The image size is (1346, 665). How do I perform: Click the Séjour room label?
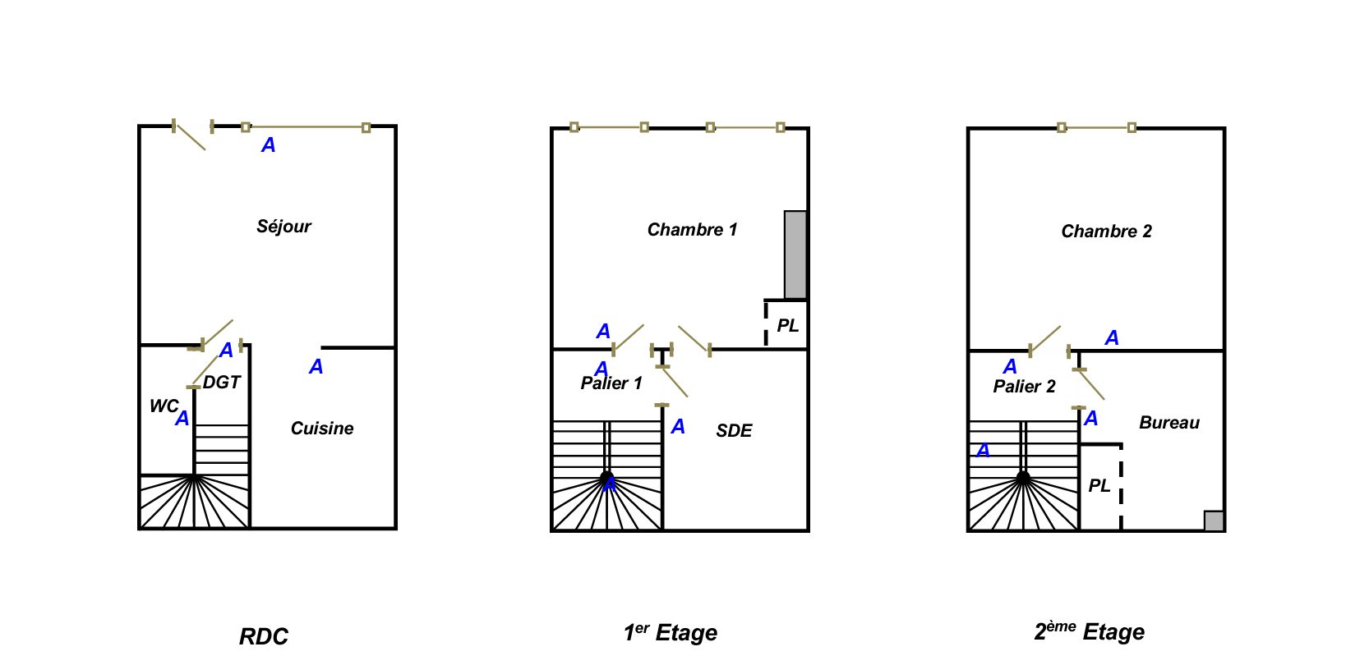pos(283,227)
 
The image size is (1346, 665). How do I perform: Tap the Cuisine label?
pos(322,429)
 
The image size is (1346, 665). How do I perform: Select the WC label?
pos(163,406)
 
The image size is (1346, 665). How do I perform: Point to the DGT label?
pos(222,383)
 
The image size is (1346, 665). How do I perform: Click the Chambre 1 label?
pos(692,230)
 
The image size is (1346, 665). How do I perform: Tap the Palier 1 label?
pos(611,383)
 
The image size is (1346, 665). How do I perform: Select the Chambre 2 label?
pos(1106,232)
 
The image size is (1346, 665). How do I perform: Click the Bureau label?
pos(1169,423)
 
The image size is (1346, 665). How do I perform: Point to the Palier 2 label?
pos(1024,387)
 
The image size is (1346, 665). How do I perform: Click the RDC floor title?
pos(263,637)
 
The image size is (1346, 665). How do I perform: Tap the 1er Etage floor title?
pos(670,633)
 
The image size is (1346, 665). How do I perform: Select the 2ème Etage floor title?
pos(1089,632)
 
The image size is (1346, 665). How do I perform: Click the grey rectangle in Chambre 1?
pos(795,255)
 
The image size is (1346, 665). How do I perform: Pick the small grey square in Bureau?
pos(1214,521)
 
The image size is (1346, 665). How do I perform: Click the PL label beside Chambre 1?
pos(787,326)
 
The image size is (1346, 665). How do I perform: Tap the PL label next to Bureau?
pos(1099,486)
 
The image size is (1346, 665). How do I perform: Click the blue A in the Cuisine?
pos(316,367)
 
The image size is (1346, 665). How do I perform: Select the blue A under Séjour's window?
pos(268,145)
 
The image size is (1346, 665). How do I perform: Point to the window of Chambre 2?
pos(1096,127)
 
